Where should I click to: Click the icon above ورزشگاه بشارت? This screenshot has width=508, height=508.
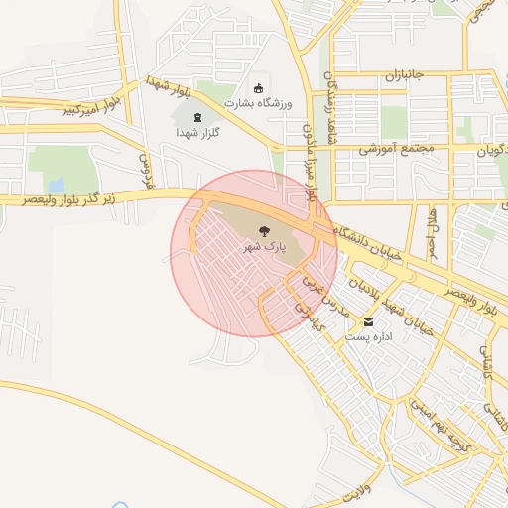(x=260, y=87)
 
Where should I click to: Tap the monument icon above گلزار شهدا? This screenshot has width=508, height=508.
(x=196, y=117)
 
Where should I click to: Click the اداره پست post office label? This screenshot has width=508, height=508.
(x=367, y=337)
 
